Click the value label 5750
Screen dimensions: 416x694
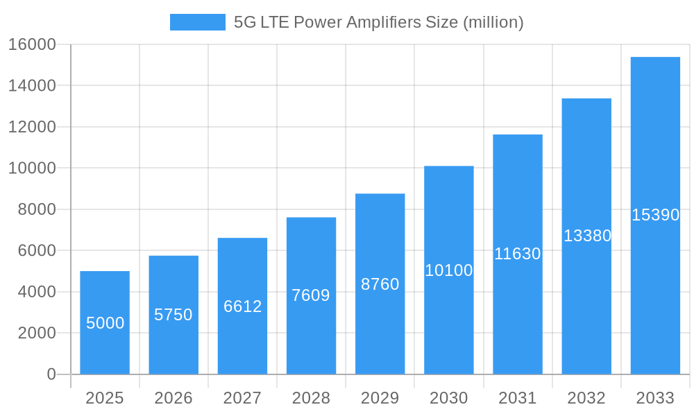point(173,315)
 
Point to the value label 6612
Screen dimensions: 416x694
point(242,306)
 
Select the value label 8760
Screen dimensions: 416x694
point(380,284)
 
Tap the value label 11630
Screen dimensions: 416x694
point(518,254)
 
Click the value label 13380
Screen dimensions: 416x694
point(587,236)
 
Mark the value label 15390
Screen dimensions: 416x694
point(655,215)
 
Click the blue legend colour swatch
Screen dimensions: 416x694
point(198,22)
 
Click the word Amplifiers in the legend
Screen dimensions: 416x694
point(375,22)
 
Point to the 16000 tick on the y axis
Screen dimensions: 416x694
point(32,44)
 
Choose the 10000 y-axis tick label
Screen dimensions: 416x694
point(32,168)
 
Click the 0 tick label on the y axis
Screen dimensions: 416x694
point(51,374)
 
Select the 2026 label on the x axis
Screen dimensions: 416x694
point(173,398)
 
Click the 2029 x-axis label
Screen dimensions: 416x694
point(380,398)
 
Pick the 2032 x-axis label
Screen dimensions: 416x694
point(586,398)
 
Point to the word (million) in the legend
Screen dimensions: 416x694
point(493,22)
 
